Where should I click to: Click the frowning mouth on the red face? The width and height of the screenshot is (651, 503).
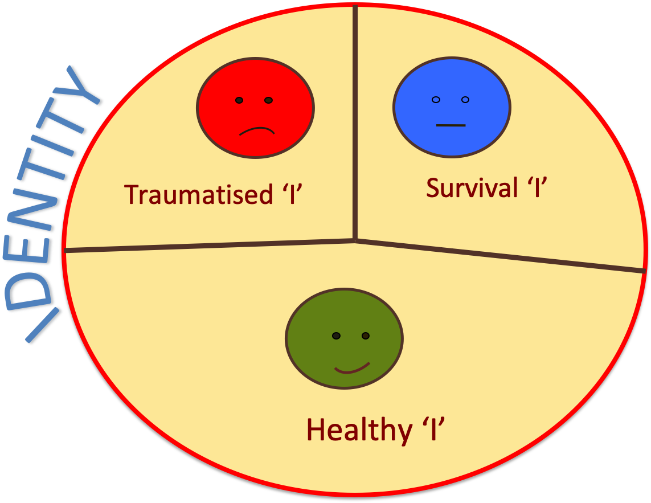[257, 130]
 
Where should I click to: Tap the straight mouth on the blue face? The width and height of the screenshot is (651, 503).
[451, 125]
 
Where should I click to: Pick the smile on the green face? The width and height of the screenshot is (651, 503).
[352, 369]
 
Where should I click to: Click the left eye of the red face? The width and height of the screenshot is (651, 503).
[240, 100]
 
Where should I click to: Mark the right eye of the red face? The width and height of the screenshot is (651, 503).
[269, 100]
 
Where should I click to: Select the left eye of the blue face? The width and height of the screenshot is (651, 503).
[436, 100]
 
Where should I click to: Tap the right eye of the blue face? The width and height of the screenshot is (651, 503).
[465, 100]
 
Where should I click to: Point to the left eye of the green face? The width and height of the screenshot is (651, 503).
[337, 336]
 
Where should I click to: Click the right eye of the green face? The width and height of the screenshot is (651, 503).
[366, 336]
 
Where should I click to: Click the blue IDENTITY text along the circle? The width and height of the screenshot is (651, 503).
[57, 205]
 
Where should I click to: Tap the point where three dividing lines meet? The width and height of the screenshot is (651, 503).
[355, 240]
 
